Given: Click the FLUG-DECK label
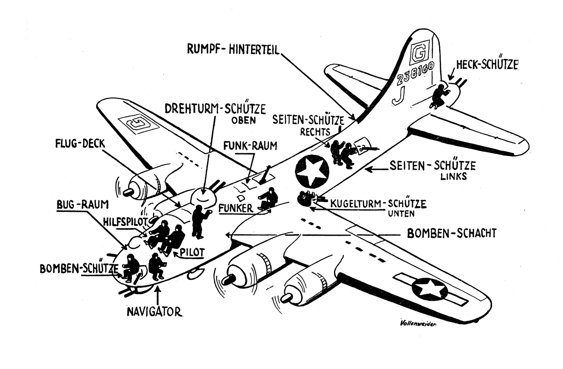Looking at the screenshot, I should (x=80, y=144).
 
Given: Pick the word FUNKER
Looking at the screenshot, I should (x=235, y=208).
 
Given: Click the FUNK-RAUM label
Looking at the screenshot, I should (x=250, y=146).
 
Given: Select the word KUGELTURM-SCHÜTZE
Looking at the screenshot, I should (x=378, y=203).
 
